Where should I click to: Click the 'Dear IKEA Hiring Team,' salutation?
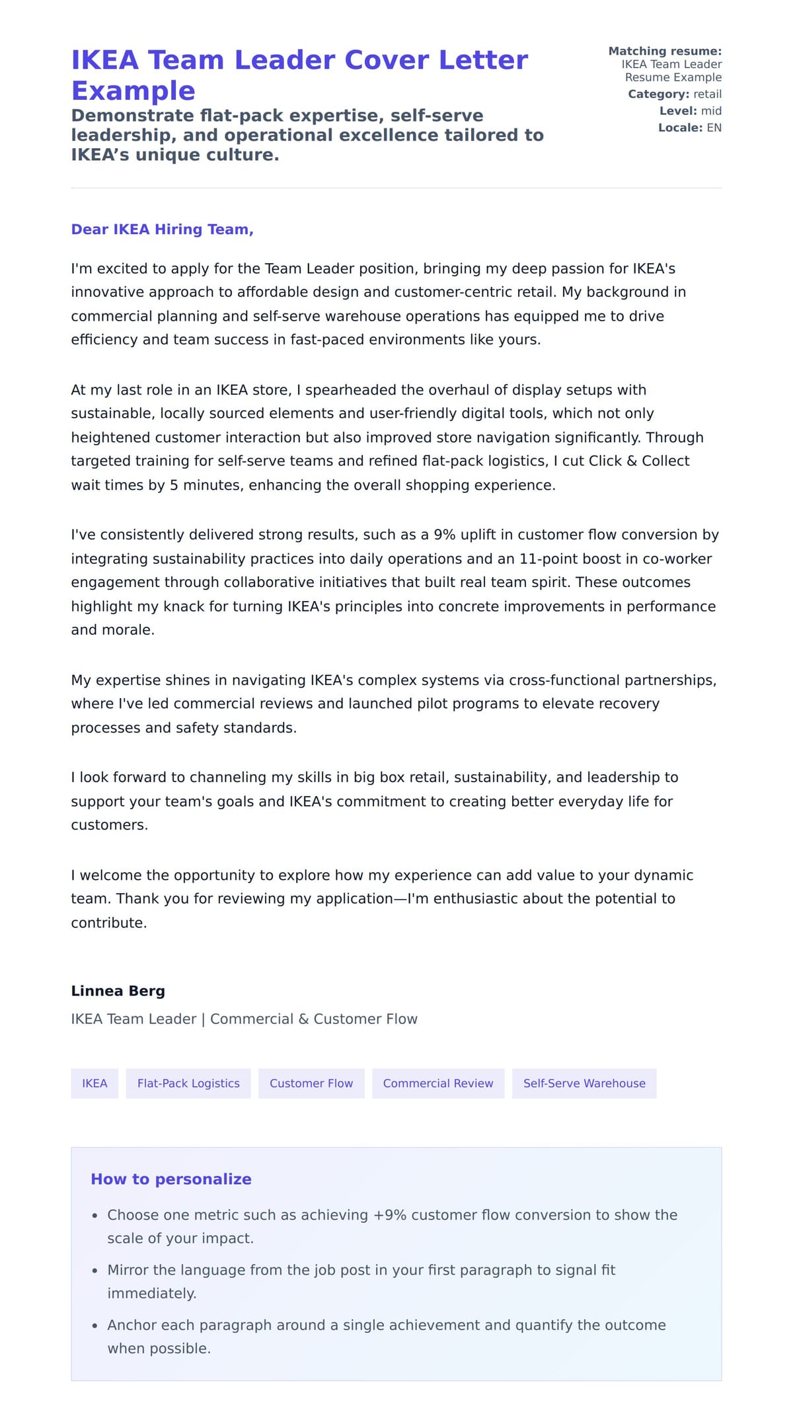click(x=162, y=229)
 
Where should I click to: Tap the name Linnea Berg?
click(x=118, y=991)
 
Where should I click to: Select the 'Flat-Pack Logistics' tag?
click(x=188, y=1084)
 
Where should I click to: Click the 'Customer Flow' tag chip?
click(x=311, y=1084)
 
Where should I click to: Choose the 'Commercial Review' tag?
click(x=437, y=1084)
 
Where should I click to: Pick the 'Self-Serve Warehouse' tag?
click(x=584, y=1084)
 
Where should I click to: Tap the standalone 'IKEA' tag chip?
click(x=94, y=1084)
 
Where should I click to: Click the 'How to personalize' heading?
click(x=171, y=1179)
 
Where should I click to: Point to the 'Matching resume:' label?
click(x=664, y=51)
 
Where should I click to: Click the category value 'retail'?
click(x=707, y=94)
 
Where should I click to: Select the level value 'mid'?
click(x=711, y=111)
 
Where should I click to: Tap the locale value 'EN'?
click(x=714, y=128)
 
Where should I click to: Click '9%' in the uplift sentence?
click(x=445, y=535)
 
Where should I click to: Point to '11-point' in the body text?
click(x=545, y=559)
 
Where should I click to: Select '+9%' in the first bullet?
click(x=390, y=1215)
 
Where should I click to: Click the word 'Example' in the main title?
click(x=133, y=91)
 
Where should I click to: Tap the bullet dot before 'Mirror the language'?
click(x=95, y=1271)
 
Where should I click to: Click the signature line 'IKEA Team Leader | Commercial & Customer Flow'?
click(x=244, y=1019)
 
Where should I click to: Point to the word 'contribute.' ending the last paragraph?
click(x=109, y=923)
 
